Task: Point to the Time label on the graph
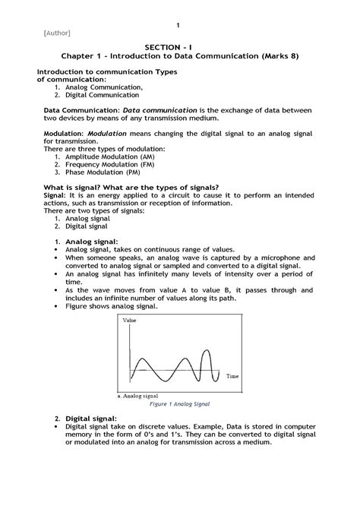pyautogui.click(x=232, y=376)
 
